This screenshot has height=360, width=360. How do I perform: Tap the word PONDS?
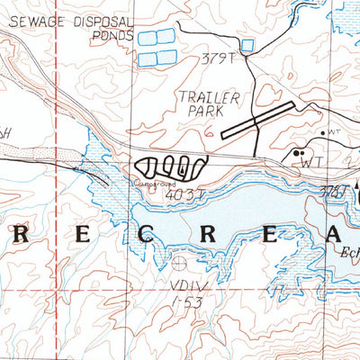pos(112,37)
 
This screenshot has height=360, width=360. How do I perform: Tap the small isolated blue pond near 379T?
pos(247,44)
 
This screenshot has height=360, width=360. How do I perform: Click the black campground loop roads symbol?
pos(171,165)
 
